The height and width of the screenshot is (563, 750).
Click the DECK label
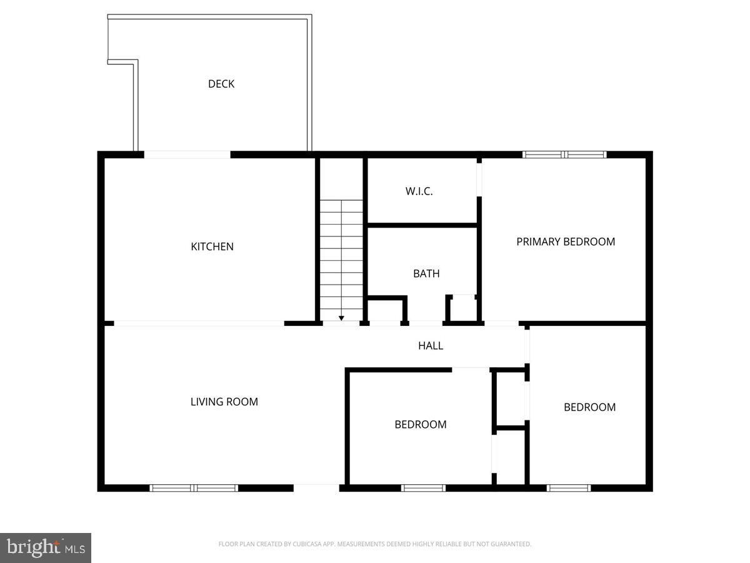pos(221,84)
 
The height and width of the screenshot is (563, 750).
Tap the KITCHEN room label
pos(212,246)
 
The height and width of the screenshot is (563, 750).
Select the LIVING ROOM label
pos(224,402)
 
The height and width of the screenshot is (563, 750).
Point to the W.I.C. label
pos(419,191)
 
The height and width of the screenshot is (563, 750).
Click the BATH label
pos(426,273)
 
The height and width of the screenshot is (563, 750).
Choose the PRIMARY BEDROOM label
pos(566,241)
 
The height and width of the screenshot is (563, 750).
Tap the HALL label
pos(431,345)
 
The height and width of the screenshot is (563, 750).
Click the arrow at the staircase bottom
pos(341,318)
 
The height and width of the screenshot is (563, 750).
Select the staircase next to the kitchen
pos(341,256)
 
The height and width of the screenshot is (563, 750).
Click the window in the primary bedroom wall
pos(564,154)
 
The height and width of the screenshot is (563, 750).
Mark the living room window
pos(194,488)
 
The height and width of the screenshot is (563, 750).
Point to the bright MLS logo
pos(46,548)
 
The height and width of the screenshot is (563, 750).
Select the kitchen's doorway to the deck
pos(187,155)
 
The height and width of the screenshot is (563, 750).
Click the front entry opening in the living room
pos(316,487)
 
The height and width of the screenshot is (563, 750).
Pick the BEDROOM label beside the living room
pos(420,425)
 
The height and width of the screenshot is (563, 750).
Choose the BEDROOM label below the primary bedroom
pos(589,407)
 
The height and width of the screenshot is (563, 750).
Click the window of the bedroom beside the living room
pos(423,488)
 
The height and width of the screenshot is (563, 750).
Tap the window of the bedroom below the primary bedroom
pos(568,488)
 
